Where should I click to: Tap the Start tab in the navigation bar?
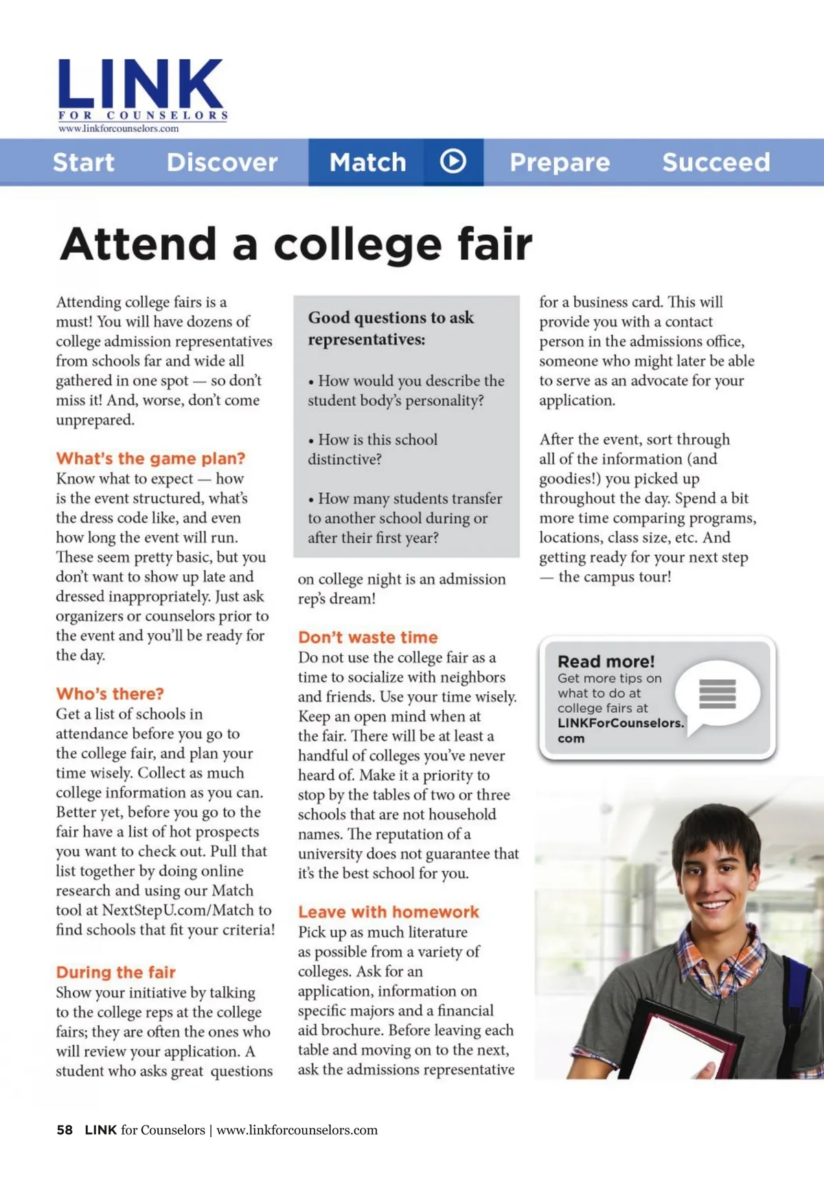click(x=84, y=163)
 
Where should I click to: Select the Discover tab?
click(x=222, y=163)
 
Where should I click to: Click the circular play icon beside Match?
click(x=453, y=162)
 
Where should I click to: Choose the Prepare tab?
click(x=560, y=163)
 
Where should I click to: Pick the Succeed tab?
click(x=716, y=163)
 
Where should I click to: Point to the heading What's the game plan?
click(x=150, y=458)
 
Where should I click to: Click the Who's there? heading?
click(x=110, y=694)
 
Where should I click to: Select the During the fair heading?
click(x=116, y=972)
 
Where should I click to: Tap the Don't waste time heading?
click(x=367, y=637)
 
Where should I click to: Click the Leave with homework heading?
click(x=388, y=912)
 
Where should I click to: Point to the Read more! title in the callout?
click(x=606, y=661)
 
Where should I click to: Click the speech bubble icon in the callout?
click(x=718, y=694)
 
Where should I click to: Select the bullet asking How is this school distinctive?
click(x=374, y=449)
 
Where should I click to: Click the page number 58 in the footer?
click(x=65, y=1130)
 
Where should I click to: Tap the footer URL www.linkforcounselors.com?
click(x=297, y=1130)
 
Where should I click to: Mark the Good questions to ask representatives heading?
click(x=391, y=328)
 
